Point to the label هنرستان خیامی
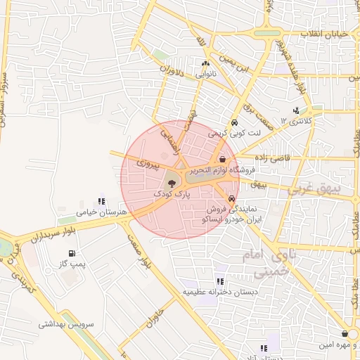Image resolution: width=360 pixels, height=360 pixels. [x=102, y=211]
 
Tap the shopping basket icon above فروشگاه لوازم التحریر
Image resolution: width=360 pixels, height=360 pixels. [x=223, y=160]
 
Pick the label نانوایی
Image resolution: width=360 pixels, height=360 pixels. [x=206, y=73]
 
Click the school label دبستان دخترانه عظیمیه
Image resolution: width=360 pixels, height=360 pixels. [x=220, y=291]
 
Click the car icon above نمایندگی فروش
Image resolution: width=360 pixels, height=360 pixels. [x=231, y=199]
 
